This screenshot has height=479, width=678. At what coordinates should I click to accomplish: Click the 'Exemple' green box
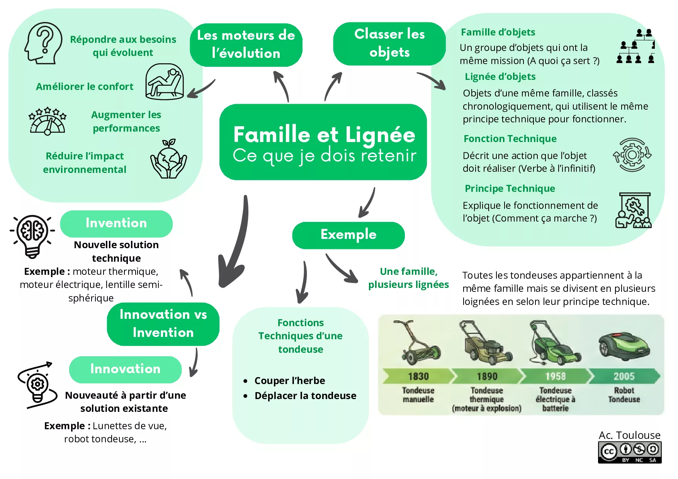pyautogui.click(x=348, y=235)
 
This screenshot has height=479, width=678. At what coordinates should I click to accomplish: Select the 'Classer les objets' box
pyautogui.click(x=389, y=44)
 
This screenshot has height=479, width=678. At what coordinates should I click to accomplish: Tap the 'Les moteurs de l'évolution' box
pyautogui.click(x=246, y=45)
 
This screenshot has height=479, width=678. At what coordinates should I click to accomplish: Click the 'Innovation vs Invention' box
pyautogui.click(x=163, y=324)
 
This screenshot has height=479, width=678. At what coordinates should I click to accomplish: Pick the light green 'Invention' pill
pyautogui.click(x=116, y=223)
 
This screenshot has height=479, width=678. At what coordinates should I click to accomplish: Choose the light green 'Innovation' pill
pyautogui.click(x=125, y=369)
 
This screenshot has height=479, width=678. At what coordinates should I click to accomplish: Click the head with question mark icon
pyautogui.click(x=43, y=43)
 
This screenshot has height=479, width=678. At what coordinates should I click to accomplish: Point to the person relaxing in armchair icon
pyautogui.click(x=165, y=82)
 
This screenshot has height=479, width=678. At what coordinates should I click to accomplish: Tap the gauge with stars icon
pyautogui.click(x=48, y=121)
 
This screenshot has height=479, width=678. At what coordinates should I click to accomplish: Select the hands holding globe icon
pyautogui.click(x=169, y=159)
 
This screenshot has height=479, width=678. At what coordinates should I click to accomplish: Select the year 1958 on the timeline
pyautogui.click(x=556, y=376)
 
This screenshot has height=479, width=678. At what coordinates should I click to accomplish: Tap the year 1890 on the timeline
pyautogui.click(x=487, y=376)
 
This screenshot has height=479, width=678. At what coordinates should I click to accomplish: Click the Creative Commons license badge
pyautogui.click(x=630, y=452)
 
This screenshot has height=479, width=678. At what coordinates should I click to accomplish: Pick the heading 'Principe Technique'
pyautogui.click(x=510, y=189)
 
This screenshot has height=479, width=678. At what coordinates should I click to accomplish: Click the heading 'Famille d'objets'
pyautogui.click(x=498, y=32)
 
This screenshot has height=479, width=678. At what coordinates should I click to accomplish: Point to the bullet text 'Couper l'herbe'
pyautogui.click(x=290, y=381)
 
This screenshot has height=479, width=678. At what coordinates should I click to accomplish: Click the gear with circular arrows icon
pyautogui.click(x=632, y=155)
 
